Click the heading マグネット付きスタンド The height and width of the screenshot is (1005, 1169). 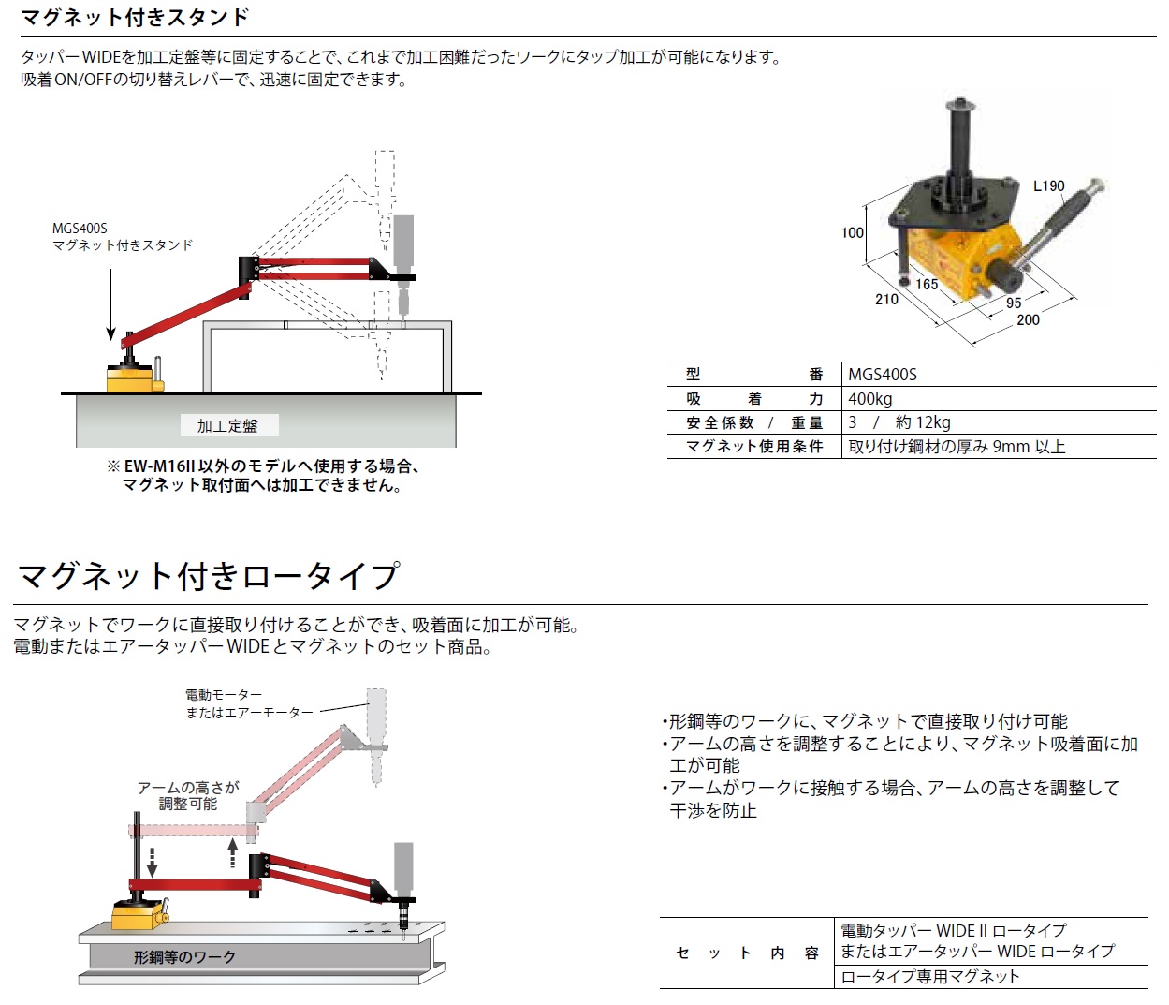pyautogui.click(x=136, y=17)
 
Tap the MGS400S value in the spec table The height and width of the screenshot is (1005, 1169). pyautogui.click(x=882, y=375)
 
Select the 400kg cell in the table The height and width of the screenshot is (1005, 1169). pyautogui.click(x=869, y=399)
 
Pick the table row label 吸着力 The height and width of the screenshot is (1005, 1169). pyautogui.click(x=753, y=399)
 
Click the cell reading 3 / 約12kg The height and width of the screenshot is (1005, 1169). pyautogui.click(x=899, y=422)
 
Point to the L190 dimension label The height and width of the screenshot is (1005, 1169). pyautogui.click(x=1048, y=185)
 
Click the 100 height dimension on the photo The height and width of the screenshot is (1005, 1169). pyautogui.click(x=852, y=232)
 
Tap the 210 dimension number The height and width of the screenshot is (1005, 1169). pyautogui.click(x=886, y=300)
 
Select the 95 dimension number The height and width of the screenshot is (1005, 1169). pyautogui.click(x=1014, y=303)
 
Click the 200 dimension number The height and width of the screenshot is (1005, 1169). pyautogui.click(x=1028, y=319)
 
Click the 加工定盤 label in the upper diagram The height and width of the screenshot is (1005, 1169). pyautogui.click(x=226, y=426)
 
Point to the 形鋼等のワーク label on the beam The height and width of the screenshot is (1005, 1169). pyautogui.click(x=184, y=957)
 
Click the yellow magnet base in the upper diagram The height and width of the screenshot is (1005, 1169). pyautogui.click(x=129, y=378)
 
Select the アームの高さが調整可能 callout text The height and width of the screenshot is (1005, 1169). pyautogui.click(x=188, y=795)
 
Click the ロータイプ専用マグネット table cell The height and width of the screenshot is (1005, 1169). pyautogui.click(x=929, y=976)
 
